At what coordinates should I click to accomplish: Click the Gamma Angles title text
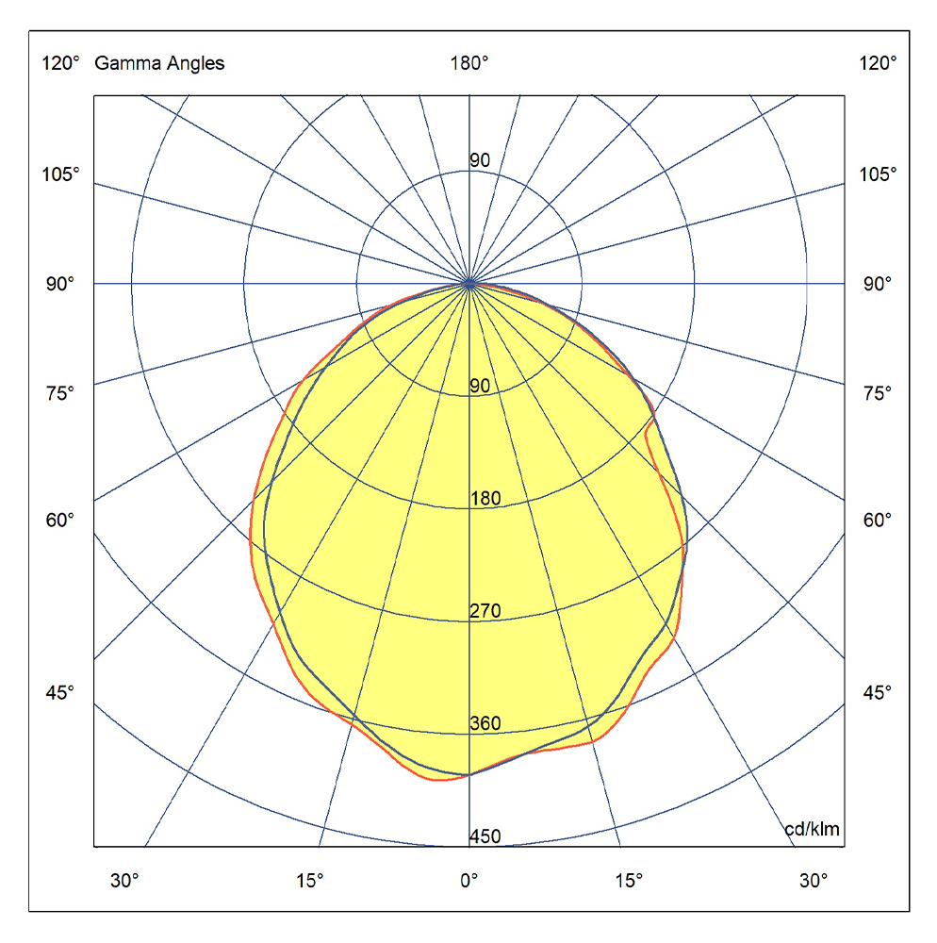click(159, 64)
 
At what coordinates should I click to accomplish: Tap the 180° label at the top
click(469, 64)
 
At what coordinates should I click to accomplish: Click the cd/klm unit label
click(812, 830)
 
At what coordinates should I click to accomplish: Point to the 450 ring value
click(485, 836)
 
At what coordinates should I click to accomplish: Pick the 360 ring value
click(485, 724)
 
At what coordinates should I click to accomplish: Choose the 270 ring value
click(485, 612)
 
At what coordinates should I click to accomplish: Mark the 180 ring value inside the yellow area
click(485, 499)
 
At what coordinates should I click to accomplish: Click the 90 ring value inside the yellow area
click(480, 386)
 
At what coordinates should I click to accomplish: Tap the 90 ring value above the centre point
click(480, 160)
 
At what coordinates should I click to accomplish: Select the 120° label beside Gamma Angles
click(60, 64)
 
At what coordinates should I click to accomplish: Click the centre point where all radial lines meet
click(469, 283)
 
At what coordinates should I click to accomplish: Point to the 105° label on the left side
click(60, 174)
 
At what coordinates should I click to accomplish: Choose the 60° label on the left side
click(60, 520)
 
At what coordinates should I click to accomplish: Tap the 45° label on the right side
click(878, 693)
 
